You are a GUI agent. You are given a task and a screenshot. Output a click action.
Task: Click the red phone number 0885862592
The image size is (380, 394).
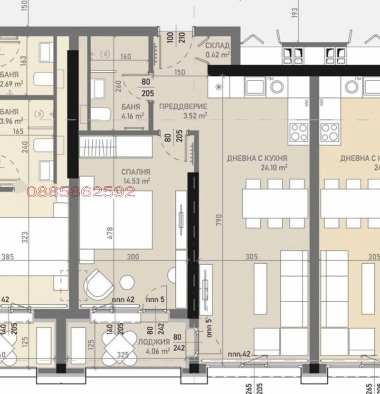pos(81,192)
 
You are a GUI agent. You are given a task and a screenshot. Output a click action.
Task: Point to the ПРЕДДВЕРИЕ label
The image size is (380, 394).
pos(183,106)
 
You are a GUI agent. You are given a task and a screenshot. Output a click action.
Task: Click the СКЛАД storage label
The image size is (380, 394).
pos(218,46)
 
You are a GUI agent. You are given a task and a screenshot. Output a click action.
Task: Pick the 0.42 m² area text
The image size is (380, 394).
pos(218,55)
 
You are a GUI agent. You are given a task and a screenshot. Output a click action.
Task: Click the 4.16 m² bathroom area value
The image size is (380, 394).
pos(133,115)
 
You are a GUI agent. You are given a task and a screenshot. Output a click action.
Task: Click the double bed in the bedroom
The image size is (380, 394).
pos(116,220)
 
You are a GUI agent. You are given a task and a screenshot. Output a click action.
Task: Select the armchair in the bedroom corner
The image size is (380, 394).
pos(99,284)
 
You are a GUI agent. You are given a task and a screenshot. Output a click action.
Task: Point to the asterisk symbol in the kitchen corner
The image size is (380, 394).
pos(218,86)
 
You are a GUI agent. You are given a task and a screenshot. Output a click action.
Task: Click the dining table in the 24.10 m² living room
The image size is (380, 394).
pos(275,203)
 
